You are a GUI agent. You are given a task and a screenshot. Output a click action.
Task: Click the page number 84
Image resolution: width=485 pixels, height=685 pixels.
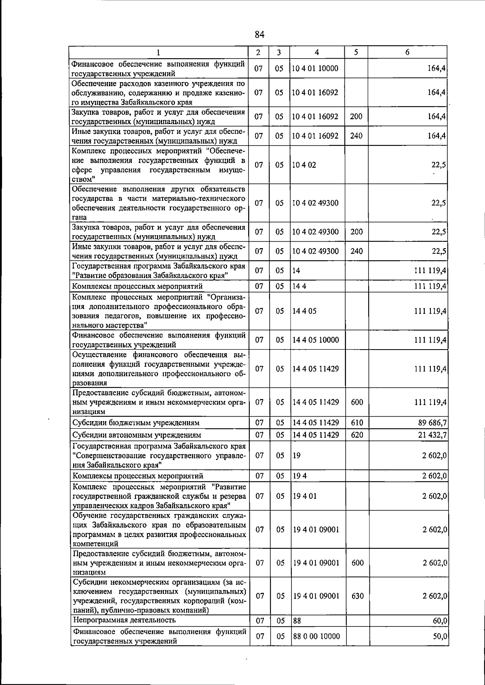coord(259,35)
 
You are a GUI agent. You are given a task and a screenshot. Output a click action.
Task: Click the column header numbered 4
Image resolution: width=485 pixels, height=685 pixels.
coord(317,52)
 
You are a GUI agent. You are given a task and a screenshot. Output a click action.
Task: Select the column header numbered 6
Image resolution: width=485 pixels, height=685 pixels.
coord(407,52)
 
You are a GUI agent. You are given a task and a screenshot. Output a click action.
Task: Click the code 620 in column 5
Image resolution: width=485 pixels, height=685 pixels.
coord(357,435)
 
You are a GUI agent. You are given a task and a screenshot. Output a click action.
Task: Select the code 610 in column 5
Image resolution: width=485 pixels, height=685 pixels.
coord(357,423)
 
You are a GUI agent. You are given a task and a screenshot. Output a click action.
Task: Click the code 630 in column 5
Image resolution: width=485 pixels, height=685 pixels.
coord(357,596)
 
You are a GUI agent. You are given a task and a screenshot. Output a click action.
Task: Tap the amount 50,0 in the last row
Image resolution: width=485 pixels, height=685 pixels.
coord(440,636)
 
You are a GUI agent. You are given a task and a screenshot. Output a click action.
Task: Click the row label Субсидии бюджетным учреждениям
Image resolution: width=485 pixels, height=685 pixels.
coord(136,423)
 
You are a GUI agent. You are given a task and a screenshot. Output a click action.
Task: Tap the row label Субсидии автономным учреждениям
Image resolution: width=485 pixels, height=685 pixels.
coord(137,435)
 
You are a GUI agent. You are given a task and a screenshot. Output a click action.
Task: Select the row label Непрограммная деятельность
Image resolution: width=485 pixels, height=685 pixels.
coord(124,620)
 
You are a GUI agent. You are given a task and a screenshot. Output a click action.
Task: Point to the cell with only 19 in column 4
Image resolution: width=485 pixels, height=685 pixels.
coord(297,455)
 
